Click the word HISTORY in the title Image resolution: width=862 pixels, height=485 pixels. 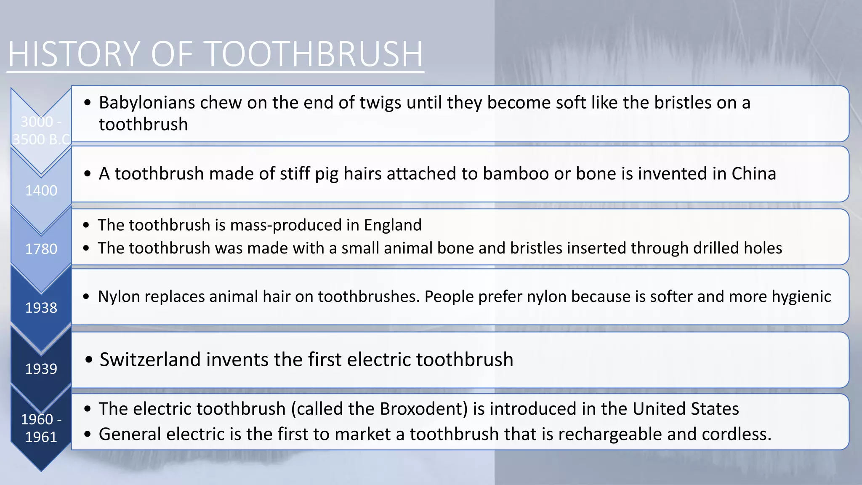[x=74, y=54]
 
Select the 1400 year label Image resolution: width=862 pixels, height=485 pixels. [x=41, y=191]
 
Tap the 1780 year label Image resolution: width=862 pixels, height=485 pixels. [x=41, y=249]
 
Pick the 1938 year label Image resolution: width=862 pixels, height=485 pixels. [x=41, y=308]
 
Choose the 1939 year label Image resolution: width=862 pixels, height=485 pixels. [x=41, y=369]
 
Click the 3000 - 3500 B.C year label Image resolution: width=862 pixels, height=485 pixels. [x=41, y=131]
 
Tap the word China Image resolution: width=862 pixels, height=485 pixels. [x=753, y=173]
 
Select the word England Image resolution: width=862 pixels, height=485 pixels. [x=392, y=225]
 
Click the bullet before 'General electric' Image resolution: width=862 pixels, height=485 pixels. [x=87, y=434]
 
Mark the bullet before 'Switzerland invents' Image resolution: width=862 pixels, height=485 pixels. [x=88, y=360]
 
